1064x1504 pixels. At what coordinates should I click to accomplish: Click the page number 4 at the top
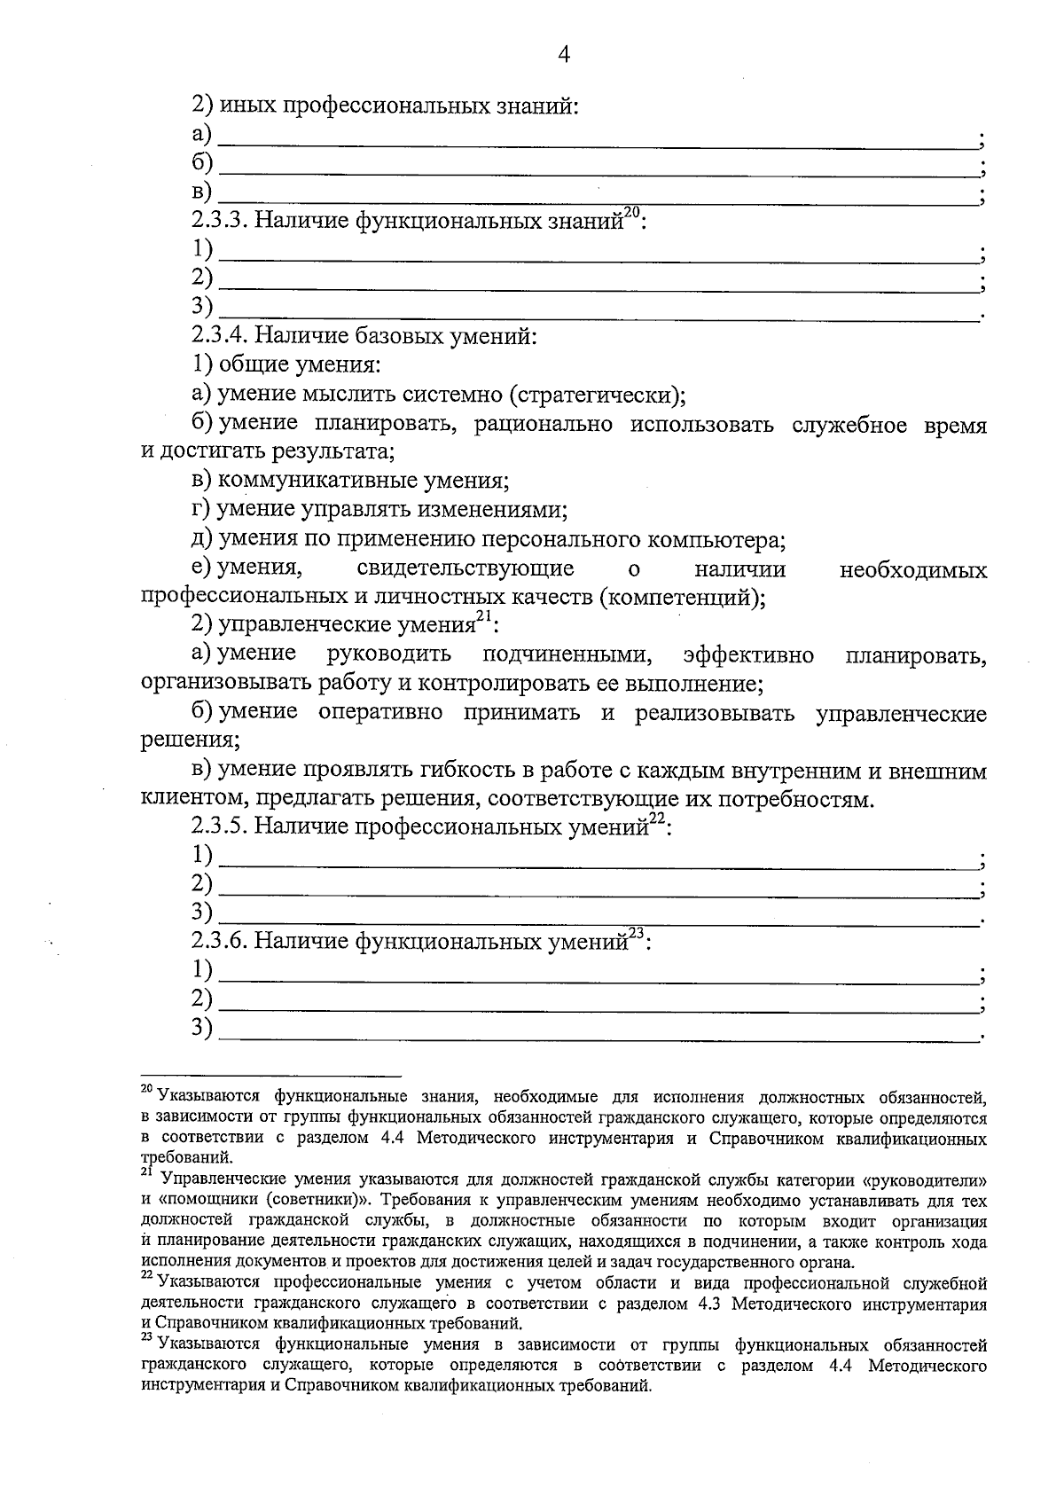tap(563, 55)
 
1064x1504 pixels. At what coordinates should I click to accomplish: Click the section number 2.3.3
tap(220, 221)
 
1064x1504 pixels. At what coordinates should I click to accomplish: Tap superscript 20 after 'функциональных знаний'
tap(632, 213)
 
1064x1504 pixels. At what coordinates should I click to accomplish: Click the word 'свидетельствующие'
tap(465, 568)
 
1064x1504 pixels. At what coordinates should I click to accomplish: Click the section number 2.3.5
tap(220, 827)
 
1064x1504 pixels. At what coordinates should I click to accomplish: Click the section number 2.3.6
tap(220, 941)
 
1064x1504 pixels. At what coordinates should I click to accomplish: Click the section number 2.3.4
tap(220, 336)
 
